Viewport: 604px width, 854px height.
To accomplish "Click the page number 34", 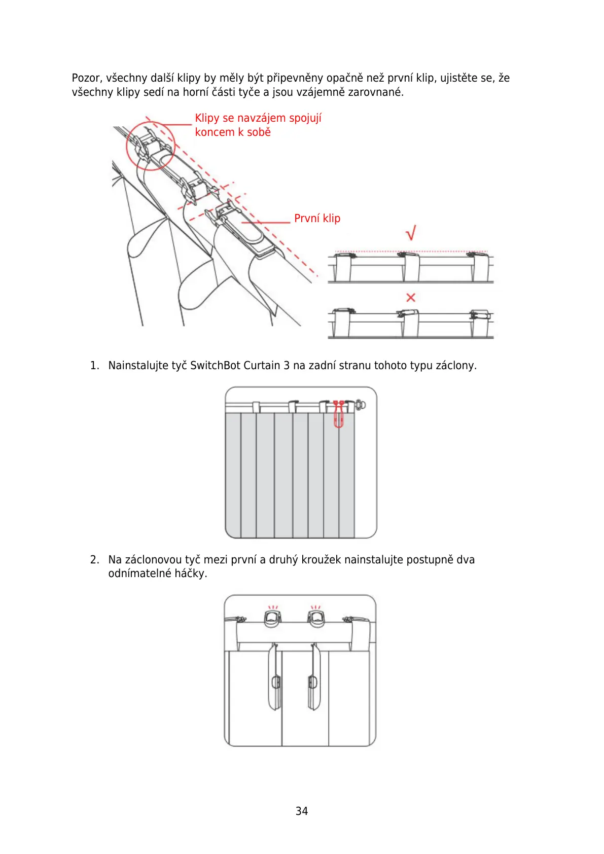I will click(301, 811).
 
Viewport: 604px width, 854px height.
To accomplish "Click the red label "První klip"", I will click(317, 219).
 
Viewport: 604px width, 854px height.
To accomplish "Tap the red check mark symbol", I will click(411, 233).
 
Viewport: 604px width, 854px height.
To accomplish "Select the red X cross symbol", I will click(411, 298).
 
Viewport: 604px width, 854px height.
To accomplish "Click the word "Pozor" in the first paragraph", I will click(87, 78).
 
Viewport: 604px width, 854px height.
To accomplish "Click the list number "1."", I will click(94, 366).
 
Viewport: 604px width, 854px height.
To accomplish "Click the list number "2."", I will click(94, 560).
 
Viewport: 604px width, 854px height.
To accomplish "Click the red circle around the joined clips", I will click(150, 146).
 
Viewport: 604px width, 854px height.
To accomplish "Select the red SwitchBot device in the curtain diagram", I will click(338, 414).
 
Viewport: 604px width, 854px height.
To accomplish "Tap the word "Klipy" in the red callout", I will click(207, 118).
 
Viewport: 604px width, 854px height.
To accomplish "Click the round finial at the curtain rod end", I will click(360, 405).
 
